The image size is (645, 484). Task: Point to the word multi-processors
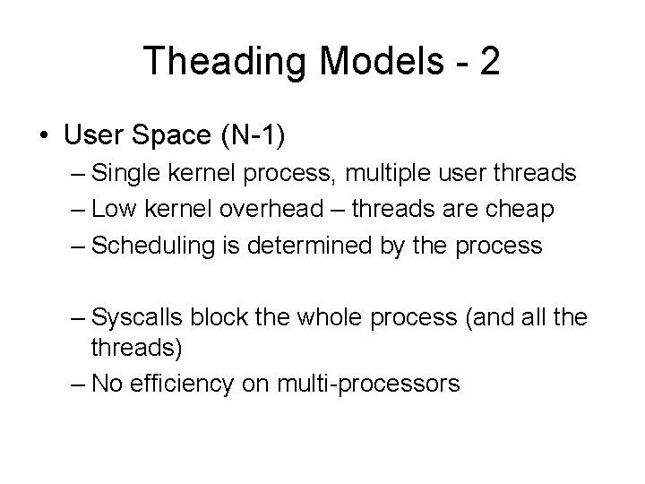(x=369, y=385)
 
